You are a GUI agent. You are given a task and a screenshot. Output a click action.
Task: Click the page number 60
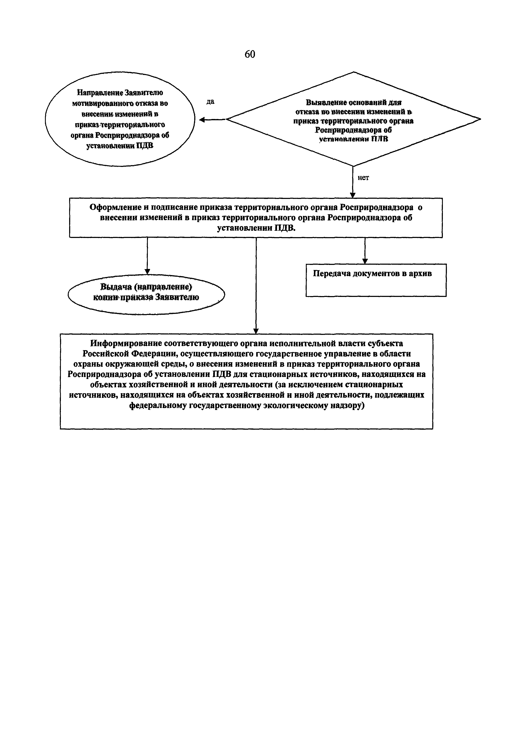coord(250,54)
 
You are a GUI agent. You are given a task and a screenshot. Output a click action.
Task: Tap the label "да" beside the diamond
coord(210,102)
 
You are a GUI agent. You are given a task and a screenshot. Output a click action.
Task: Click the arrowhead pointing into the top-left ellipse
coord(202,120)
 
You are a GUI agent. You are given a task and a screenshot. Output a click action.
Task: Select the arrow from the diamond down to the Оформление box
coord(353,182)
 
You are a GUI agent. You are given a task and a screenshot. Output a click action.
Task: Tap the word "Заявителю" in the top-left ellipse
coord(144,93)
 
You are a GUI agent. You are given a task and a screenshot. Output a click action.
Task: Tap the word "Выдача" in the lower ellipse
coord(116,287)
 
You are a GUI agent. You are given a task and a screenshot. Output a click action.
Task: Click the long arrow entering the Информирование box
coord(256,285)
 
